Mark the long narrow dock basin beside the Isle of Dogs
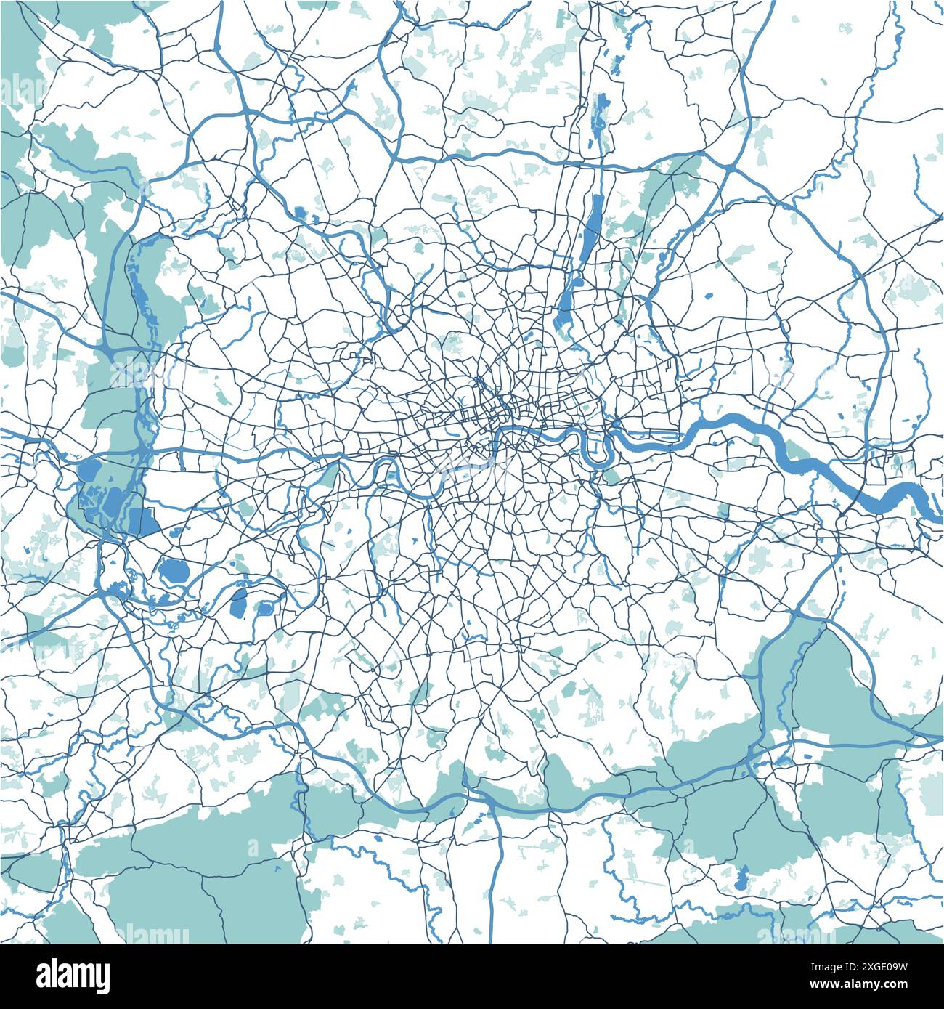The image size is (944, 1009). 654,436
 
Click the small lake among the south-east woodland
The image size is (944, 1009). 741,880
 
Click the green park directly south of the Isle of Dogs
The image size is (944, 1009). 614,476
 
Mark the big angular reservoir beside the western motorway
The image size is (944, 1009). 142,521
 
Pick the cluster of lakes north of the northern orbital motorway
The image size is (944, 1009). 600,116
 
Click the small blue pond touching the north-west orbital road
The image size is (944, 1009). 300,212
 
